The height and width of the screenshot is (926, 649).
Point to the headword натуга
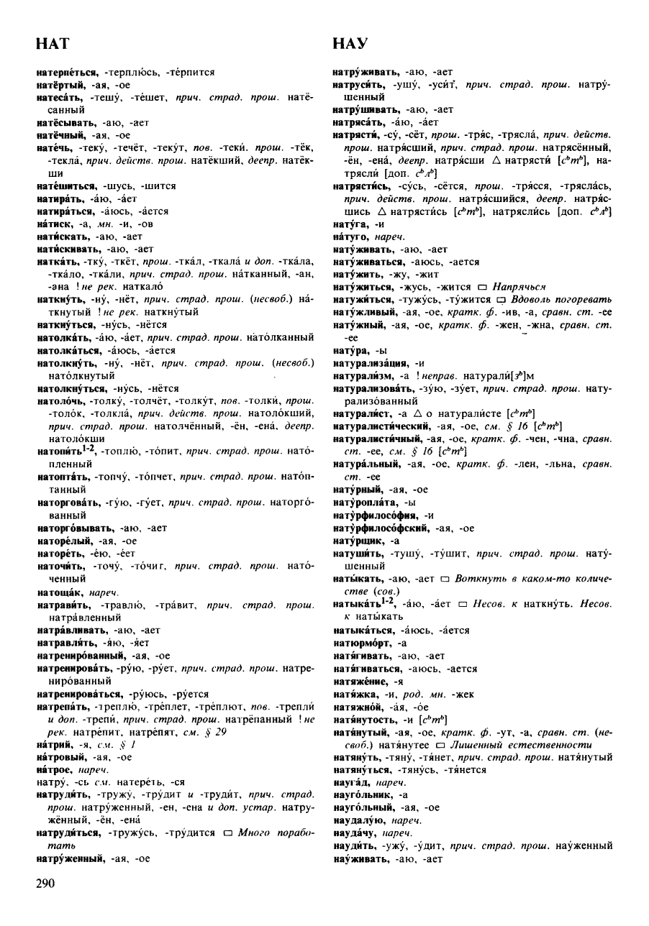point(349,222)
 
